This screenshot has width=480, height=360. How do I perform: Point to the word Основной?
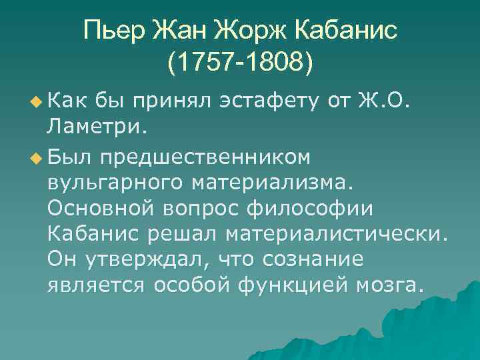click(101, 207)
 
